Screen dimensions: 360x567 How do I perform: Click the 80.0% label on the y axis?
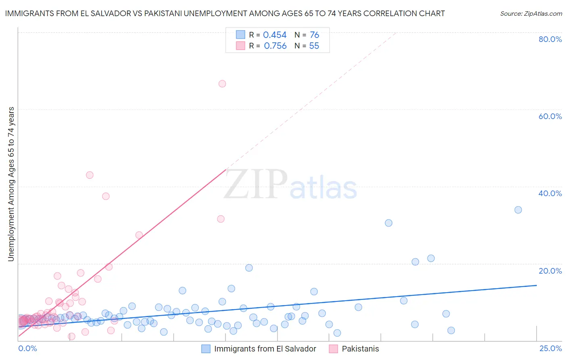[550, 39]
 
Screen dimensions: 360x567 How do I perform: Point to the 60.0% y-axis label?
[550, 116]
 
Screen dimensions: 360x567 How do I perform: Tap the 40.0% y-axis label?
[550, 193]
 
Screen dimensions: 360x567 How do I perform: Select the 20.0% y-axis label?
[550, 271]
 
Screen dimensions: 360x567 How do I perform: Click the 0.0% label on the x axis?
[27, 348]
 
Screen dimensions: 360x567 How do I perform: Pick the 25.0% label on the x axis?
[550, 348]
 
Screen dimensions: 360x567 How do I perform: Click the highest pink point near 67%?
[222, 84]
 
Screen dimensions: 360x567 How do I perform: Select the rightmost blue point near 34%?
[518, 210]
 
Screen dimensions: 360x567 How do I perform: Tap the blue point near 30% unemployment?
[388, 223]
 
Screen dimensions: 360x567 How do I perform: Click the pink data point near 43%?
[90, 175]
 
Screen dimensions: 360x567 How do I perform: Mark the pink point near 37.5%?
[106, 196]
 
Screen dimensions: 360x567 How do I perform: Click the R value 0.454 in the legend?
[275, 35]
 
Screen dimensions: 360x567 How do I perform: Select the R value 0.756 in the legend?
[275, 46]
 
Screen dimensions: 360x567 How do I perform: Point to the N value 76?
[314, 35]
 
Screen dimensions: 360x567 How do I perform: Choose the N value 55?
[314, 46]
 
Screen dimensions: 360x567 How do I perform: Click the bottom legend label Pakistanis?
[360, 349]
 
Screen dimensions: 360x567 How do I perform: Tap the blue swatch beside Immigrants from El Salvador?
[206, 349]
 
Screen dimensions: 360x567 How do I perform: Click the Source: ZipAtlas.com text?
[531, 14]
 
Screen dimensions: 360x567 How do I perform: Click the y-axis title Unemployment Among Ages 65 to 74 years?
[11, 184]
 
